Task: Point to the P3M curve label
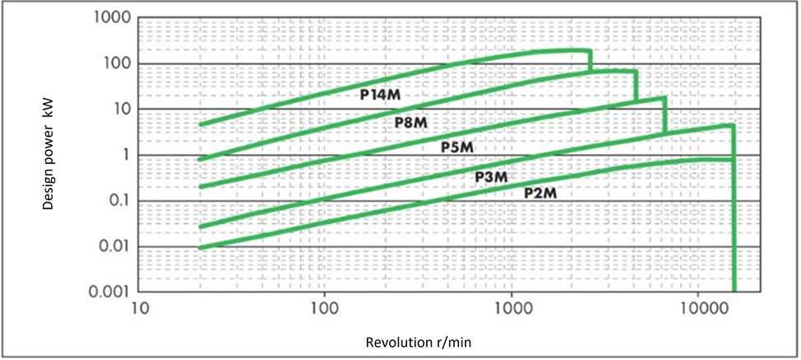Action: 490,176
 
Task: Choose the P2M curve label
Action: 541,192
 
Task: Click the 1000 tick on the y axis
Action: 110,18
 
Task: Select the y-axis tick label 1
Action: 123,156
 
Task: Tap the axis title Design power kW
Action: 49,156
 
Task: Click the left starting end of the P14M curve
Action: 200,124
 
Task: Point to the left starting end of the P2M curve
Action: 200,247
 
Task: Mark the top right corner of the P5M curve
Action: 664,98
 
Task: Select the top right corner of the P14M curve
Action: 590,52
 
